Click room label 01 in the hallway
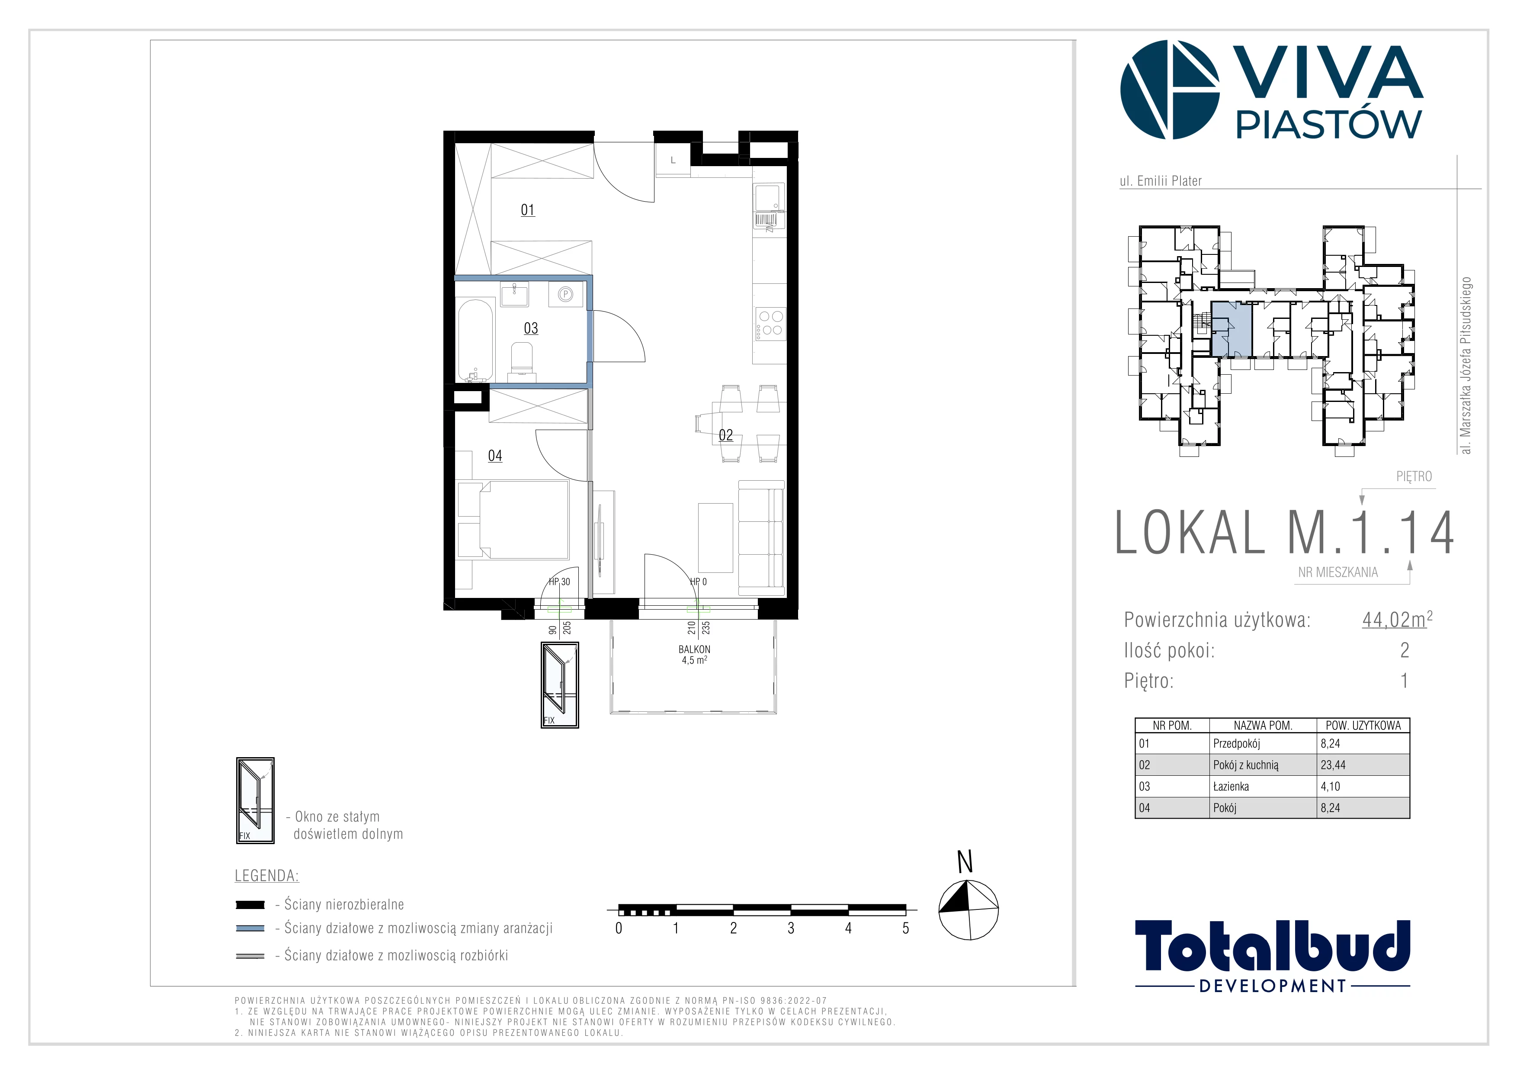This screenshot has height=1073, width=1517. pyautogui.click(x=527, y=210)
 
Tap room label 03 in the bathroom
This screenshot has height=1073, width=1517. pyautogui.click(x=531, y=328)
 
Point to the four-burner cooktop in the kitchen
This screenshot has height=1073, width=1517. pyautogui.click(x=770, y=324)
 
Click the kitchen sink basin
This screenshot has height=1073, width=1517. pyautogui.click(x=767, y=198)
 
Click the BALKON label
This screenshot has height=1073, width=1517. pyautogui.click(x=694, y=649)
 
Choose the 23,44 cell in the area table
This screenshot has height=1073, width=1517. pyautogui.click(x=1333, y=765)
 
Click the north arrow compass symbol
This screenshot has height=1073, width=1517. pyautogui.click(x=968, y=910)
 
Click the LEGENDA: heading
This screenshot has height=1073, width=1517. pyautogui.click(x=267, y=876)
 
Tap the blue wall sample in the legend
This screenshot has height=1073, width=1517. pyautogui.click(x=250, y=928)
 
